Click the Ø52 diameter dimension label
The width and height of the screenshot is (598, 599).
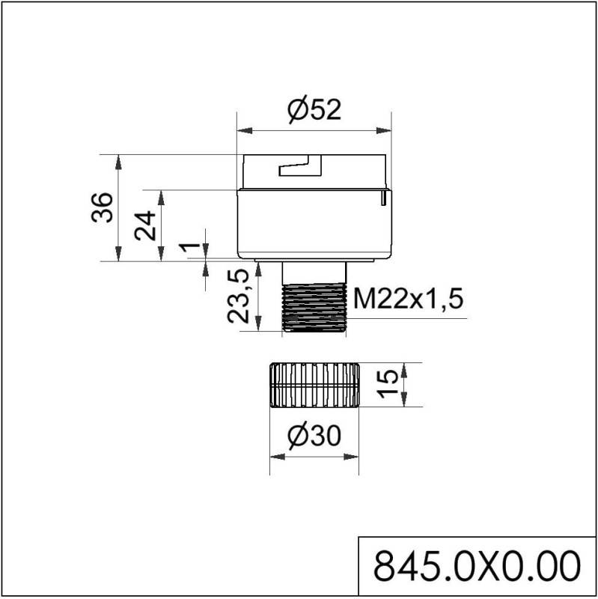(x=314, y=111)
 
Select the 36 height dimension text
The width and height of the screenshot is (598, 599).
(x=103, y=207)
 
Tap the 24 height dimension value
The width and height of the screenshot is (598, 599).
(x=145, y=225)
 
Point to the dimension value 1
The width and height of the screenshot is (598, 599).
(x=190, y=247)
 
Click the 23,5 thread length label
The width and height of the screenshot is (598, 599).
(x=238, y=296)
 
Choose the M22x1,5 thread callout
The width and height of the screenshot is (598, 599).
(x=408, y=298)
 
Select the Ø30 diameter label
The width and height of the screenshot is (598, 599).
(x=314, y=437)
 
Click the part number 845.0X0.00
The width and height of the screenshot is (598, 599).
(x=477, y=566)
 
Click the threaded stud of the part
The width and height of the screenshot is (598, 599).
(x=314, y=308)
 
